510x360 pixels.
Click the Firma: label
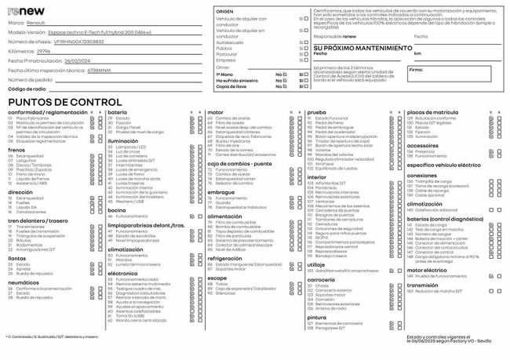click(x=417, y=70)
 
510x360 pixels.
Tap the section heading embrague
click(x=220, y=192)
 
